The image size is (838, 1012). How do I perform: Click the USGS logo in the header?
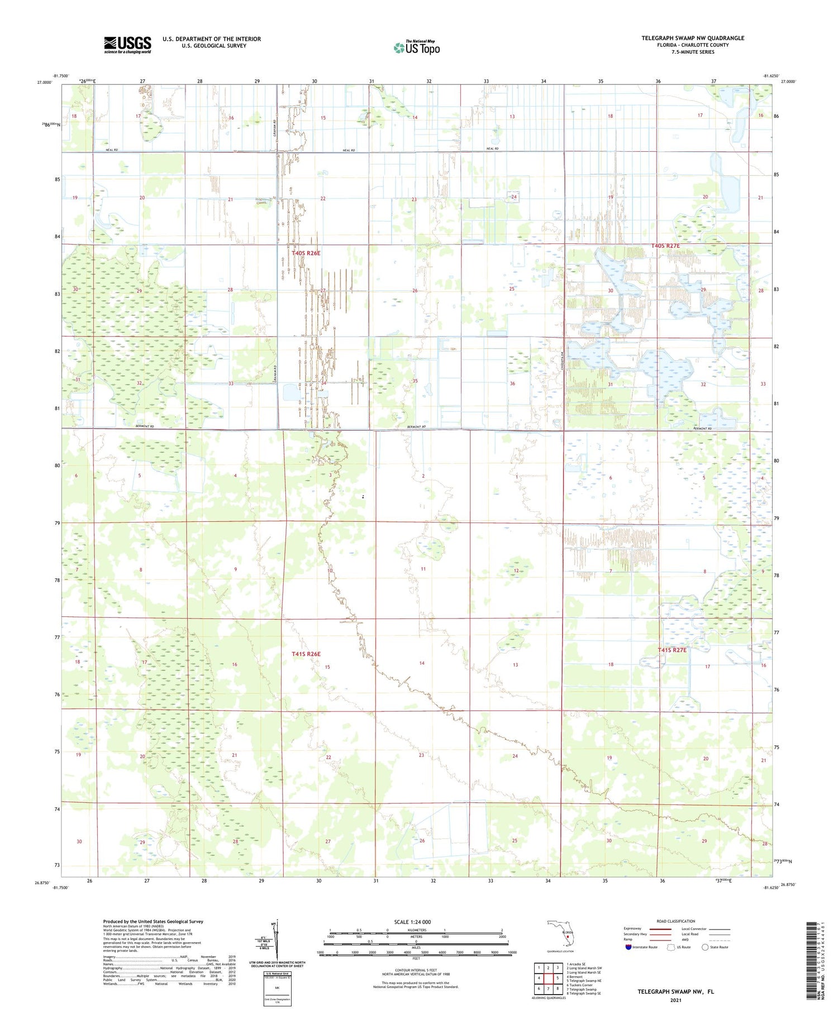coord(127,45)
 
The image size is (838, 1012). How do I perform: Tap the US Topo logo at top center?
coord(417,48)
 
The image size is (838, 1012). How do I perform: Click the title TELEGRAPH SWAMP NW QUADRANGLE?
coord(693,38)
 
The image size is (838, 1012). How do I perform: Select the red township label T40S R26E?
coord(306,253)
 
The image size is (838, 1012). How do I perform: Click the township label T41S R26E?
coord(306,654)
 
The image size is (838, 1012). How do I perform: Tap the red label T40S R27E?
coord(665,246)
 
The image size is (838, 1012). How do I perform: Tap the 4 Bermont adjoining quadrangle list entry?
coord(575,977)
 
